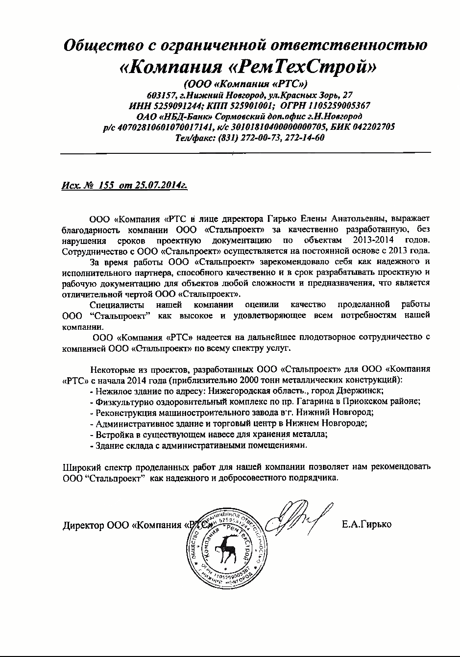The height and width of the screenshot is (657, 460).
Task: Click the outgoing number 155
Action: pos(106,185)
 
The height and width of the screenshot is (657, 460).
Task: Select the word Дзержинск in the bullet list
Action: pos(362,390)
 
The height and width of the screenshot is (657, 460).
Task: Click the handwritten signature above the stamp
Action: pos(296,517)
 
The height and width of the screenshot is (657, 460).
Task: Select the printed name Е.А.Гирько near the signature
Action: pos(366,525)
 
